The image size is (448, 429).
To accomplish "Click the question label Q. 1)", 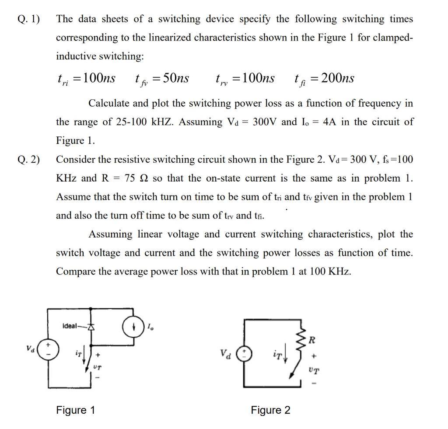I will coord(28,19).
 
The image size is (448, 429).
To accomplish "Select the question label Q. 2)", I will coord(28,159).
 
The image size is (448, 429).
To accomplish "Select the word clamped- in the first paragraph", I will coord(391,38).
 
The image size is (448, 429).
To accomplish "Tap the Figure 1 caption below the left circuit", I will coord(75,410).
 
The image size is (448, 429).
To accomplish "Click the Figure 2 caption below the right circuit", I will coord(270,410).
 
